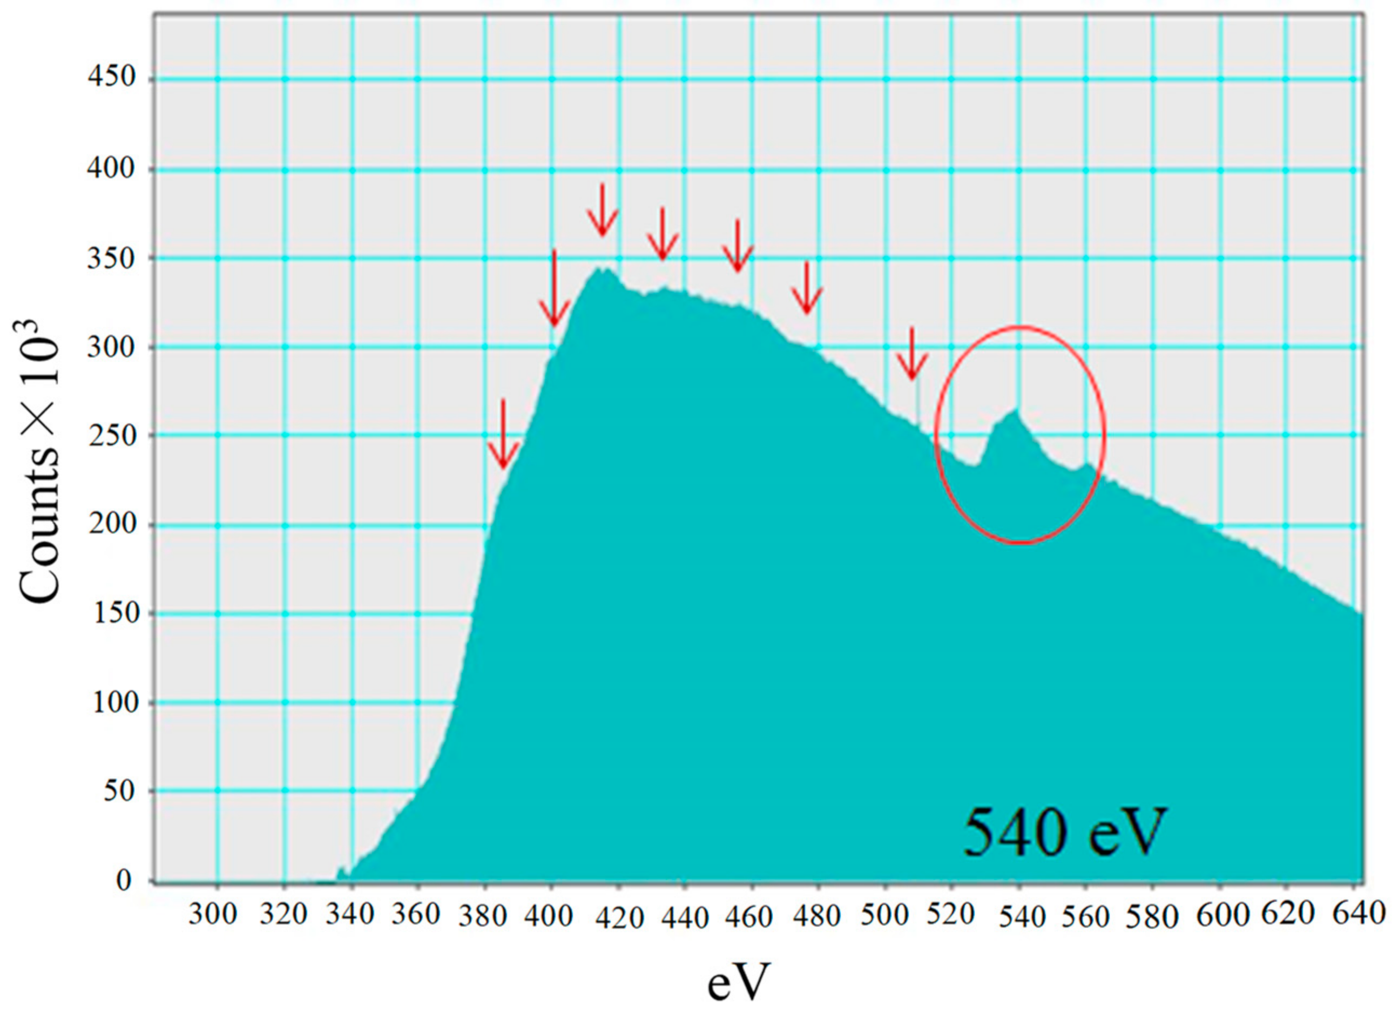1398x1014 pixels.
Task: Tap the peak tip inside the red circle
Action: coord(1015,410)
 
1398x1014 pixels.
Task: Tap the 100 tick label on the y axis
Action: coord(115,702)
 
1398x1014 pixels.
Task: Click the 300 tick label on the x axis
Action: coord(213,914)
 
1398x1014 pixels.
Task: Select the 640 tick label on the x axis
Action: coord(1359,913)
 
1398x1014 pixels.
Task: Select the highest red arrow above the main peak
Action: coord(602,210)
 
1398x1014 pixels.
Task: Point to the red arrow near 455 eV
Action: coord(738,247)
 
